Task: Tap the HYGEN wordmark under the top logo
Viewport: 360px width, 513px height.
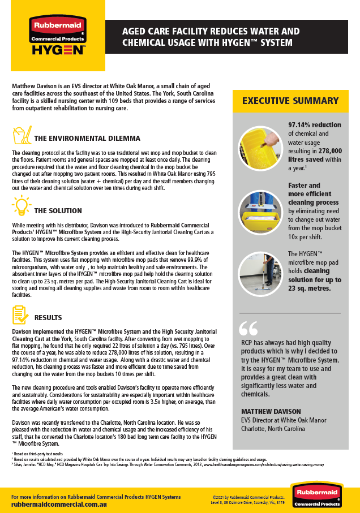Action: (x=58, y=50)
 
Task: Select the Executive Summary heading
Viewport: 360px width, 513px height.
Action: (x=290, y=101)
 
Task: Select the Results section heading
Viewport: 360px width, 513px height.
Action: (x=48, y=318)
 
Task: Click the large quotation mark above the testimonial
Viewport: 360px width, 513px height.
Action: (x=248, y=329)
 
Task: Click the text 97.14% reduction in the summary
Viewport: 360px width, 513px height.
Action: (x=314, y=125)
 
